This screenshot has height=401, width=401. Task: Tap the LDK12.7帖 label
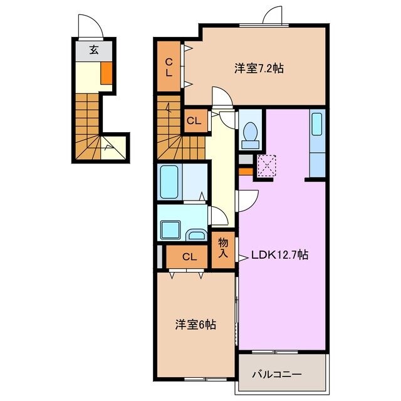coord(279,255)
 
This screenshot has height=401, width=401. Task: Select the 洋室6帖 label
coord(195,325)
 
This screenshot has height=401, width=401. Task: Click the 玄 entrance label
coord(93,51)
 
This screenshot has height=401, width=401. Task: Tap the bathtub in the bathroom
coord(170,182)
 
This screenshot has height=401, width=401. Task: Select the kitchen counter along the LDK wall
coord(318,143)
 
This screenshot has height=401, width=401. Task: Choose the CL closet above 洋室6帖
coord(190,257)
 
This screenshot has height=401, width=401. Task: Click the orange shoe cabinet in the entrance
coord(107,73)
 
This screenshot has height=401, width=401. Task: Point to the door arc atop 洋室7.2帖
coord(274,16)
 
